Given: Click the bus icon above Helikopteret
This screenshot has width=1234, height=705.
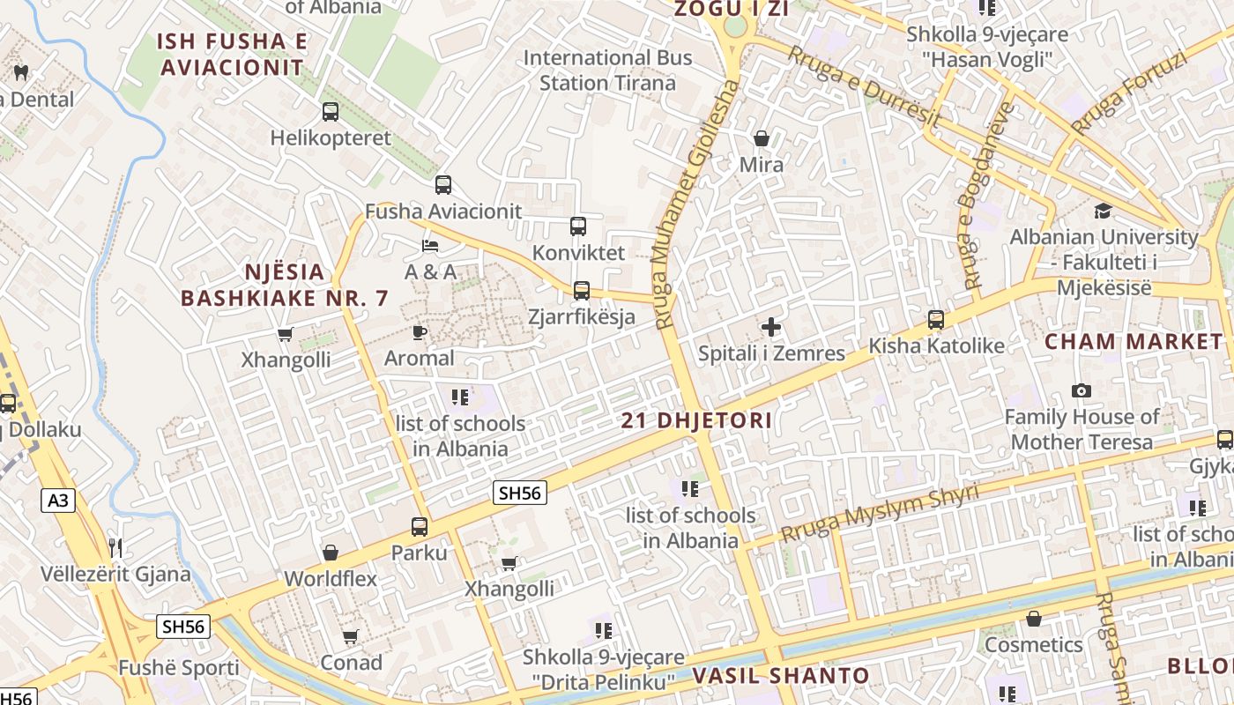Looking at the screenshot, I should (331, 112).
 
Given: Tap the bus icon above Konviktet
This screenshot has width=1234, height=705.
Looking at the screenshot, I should (578, 226).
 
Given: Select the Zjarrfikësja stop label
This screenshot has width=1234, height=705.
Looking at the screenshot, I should (582, 316).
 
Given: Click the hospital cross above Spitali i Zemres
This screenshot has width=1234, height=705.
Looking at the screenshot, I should (771, 328).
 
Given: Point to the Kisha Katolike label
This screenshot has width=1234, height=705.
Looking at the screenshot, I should (936, 346).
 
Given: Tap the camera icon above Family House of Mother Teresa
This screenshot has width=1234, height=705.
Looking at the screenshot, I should (1082, 390).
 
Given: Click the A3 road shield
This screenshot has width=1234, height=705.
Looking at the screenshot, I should (57, 501).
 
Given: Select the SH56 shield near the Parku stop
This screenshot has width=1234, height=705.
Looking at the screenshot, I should (519, 493).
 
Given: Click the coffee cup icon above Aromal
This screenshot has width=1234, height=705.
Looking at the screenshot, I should (420, 332).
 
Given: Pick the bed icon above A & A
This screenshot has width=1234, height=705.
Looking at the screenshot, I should (430, 245).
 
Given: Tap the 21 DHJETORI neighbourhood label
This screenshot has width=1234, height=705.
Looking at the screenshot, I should (696, 420).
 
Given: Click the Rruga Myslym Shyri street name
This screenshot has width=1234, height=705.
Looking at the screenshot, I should (880, 514).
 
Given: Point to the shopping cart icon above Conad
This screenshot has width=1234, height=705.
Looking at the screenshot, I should (351, 636).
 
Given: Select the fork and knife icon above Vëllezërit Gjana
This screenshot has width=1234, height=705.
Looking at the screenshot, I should (115, 548).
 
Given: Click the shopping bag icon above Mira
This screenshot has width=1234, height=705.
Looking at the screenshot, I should (762, 138).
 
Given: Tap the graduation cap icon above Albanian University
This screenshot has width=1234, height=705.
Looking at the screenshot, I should (1103, 211).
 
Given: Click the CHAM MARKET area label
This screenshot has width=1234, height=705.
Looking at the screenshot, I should (1134, 342).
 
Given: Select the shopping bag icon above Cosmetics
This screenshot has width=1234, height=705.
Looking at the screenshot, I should (1034, 619).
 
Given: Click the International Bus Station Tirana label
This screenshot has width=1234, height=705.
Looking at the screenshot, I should (608, 70).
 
